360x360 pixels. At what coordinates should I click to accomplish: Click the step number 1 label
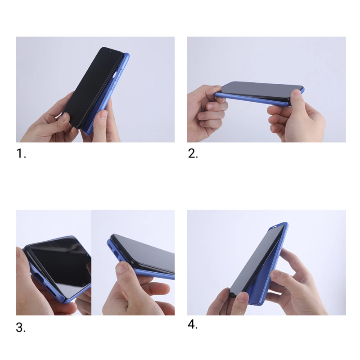(x=21, y=153)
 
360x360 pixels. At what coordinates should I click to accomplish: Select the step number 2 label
(x=193, y=153)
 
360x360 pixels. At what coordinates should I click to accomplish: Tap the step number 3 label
(x=21, y=328)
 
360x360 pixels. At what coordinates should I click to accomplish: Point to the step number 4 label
(x=193, y=324)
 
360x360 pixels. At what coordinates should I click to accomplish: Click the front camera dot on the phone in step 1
(x=110, y=51)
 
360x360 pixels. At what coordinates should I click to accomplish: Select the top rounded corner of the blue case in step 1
(x=126, y=55)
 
